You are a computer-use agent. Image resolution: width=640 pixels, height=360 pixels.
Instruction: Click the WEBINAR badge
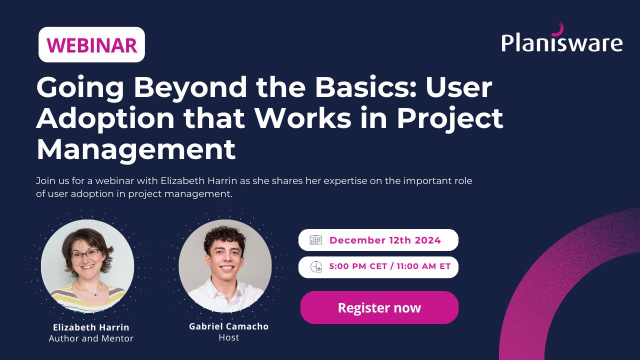91,44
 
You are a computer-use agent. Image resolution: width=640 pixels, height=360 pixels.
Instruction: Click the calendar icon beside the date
315,240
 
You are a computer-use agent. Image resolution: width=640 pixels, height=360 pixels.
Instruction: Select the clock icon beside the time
316,267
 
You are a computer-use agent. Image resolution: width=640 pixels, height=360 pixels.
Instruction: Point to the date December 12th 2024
385,240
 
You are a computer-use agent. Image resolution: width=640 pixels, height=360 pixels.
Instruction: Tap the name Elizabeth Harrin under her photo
91,327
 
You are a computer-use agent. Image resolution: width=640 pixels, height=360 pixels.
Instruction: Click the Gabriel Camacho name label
229,326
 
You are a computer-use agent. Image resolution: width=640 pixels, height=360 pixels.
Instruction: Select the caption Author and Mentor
91,338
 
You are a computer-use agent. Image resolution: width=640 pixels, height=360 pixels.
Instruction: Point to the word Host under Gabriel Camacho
229,337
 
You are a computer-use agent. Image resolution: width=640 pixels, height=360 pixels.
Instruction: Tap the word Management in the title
136,149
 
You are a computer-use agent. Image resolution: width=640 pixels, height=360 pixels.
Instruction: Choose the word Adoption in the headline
105,118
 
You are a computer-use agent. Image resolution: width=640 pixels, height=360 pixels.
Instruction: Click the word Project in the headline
450,118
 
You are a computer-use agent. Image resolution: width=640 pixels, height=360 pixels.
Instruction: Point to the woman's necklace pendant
95,294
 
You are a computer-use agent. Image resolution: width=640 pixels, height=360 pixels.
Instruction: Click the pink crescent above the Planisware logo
558,29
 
